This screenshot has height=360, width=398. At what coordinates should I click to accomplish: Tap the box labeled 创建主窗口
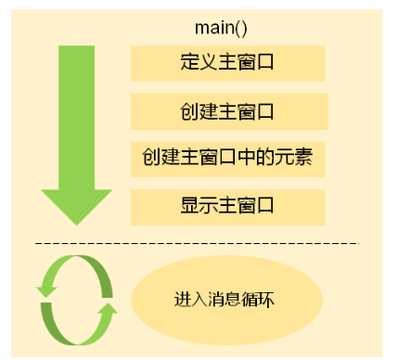227,112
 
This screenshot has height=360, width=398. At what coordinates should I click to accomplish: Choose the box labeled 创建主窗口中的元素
227,159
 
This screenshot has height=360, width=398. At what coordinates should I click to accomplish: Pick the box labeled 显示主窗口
227,205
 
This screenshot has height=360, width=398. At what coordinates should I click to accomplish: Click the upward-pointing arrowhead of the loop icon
109,307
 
